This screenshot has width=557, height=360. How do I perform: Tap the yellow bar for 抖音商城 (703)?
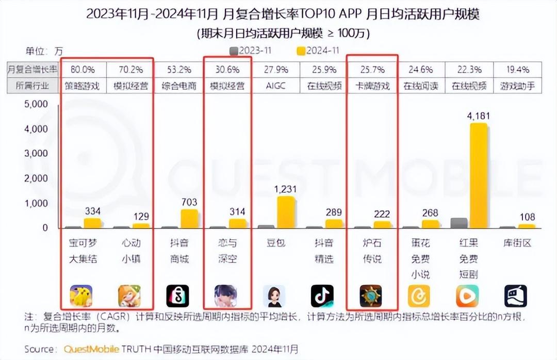click(x=189, y=218)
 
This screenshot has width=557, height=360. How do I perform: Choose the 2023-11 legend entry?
click(x=250, y=51)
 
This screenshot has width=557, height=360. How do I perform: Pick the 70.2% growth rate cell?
click(x=130, y=70)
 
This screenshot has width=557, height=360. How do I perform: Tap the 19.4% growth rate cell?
click(x=517, y=70)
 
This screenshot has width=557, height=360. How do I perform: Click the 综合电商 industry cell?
click(x=178, y=86)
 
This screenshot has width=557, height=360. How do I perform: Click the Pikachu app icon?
click(x=81, y=296)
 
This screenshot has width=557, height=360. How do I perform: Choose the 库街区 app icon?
click(x=515, y=296)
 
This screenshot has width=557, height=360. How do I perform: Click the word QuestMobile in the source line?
click(x=91, y=349)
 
